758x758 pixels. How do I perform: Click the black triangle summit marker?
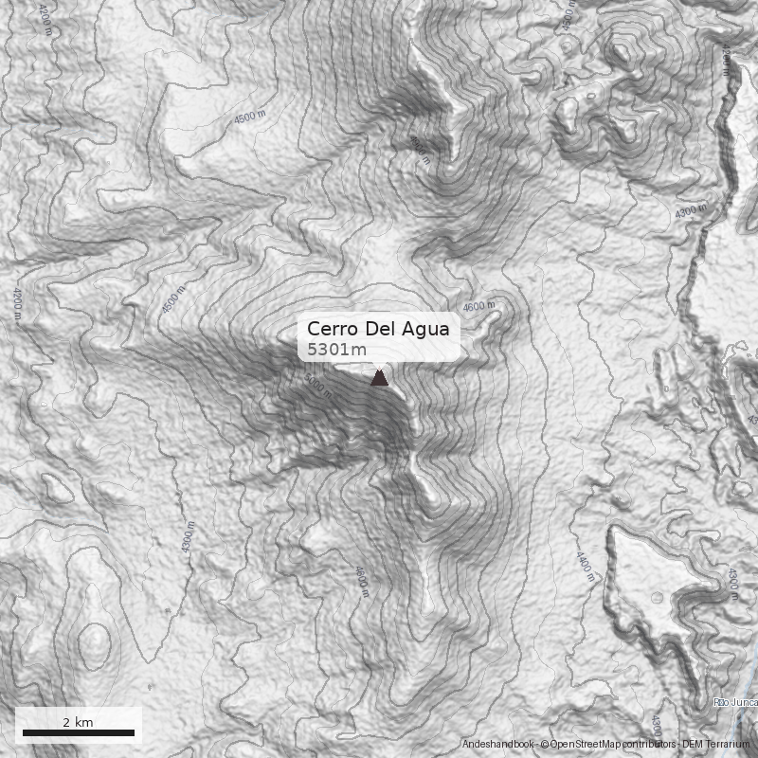click(x=379, y=378)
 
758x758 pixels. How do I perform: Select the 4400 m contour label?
click(x=585, y=561)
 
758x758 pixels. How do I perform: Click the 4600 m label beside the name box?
click(x=479, y=306)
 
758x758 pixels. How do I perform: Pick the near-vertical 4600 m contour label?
click(x=361, y=581)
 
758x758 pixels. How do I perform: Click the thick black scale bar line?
click(x=78, y=732)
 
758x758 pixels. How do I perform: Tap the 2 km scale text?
click(x=78, y=722)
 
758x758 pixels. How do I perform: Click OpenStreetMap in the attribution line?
click(x=583, y=744)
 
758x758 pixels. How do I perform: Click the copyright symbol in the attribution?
click(x=544, y=744)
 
